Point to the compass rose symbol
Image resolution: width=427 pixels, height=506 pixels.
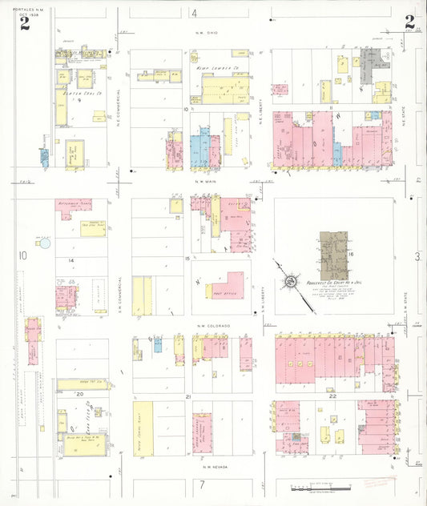coord(288,281)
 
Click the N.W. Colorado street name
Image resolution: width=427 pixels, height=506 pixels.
coord(212,326)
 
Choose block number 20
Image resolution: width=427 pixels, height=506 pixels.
coord(79,394)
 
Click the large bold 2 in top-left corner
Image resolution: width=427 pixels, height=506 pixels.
coord(25,23)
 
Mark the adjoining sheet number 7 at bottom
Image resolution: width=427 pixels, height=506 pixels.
coord(203,484)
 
